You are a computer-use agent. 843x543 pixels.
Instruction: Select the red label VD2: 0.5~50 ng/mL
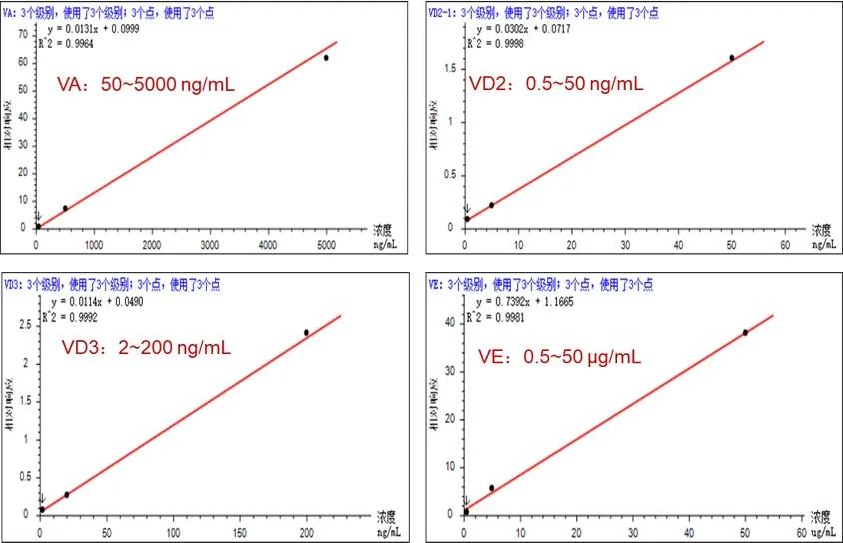(x=556, y=84)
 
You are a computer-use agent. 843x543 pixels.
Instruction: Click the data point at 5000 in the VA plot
(x=326, y=58)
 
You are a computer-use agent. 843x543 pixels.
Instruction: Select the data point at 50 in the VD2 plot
(x=732, y=58)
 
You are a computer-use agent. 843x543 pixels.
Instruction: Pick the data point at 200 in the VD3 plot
(x=306, y=332)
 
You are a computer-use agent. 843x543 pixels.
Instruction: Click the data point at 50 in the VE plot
(x=745, y=332)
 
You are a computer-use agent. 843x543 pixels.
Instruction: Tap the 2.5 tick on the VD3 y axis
(x=24, y=325)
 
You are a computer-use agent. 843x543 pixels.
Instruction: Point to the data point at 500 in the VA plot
(x=66, y=208)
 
